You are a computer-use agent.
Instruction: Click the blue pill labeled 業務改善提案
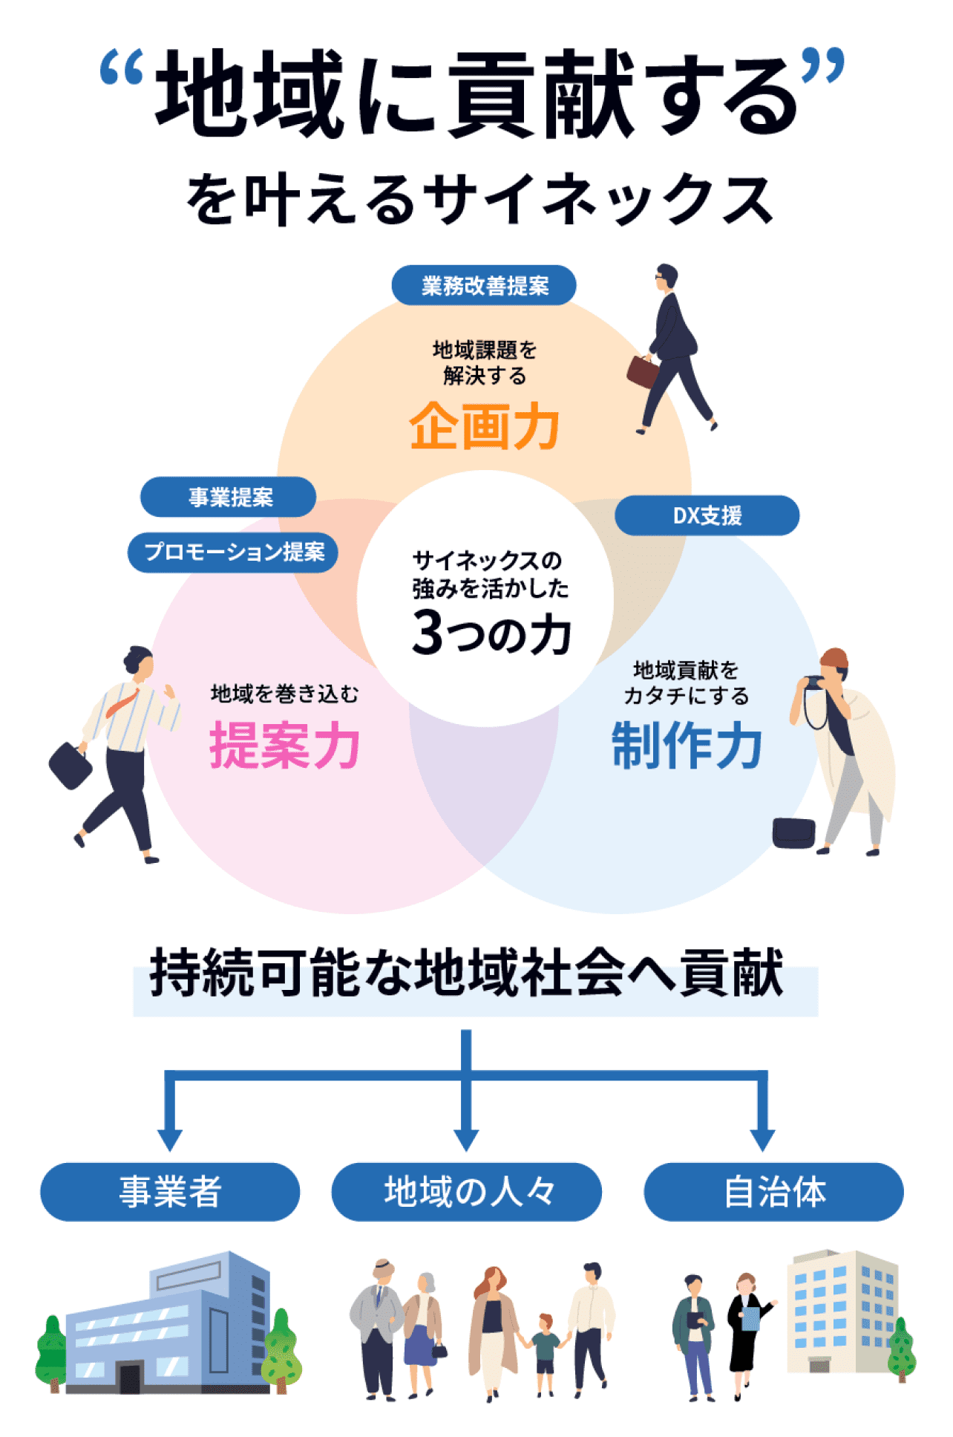(x=484, y=285)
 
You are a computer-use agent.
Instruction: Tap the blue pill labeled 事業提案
(x=229, y=497)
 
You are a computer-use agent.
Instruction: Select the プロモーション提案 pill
(x=233, y=552)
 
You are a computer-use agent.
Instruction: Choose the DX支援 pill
(x=707, y=515)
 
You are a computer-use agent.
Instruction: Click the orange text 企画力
(x=484, y=427)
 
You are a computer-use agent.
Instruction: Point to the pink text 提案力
(x=284, y=745)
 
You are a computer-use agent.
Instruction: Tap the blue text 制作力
(x=687, y=745)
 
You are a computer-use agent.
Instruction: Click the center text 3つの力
(x=491, y=633)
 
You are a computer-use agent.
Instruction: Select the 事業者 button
(x=170, y=1192)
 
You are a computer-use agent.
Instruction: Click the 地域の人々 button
(x=467, y=1192)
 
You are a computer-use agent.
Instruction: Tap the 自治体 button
(x=773, y=1192)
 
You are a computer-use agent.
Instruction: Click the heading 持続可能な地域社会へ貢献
(x=467, y=973)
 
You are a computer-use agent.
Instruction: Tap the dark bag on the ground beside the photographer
(x=793, y=832)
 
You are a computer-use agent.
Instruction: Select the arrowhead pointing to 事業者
(x=170, y=1139)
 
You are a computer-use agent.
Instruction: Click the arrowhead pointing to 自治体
(x=762, y=1139)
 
